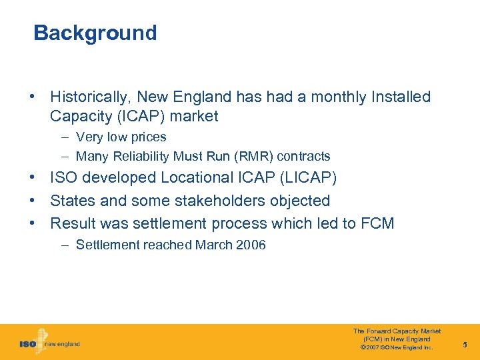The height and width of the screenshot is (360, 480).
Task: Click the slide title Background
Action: click(x=95, y=33)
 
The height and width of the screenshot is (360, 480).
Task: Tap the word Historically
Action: click(x=88, y=97)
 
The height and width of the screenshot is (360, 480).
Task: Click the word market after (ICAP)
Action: click(x=194, y=117)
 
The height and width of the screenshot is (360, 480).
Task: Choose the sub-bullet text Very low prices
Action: click(x=121, y=137)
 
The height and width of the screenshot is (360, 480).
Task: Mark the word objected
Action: click(x=299, y=201)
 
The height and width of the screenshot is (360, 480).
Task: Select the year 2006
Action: click(x=251, y=245)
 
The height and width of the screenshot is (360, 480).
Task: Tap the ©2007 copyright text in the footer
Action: click(x=397, y=347)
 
